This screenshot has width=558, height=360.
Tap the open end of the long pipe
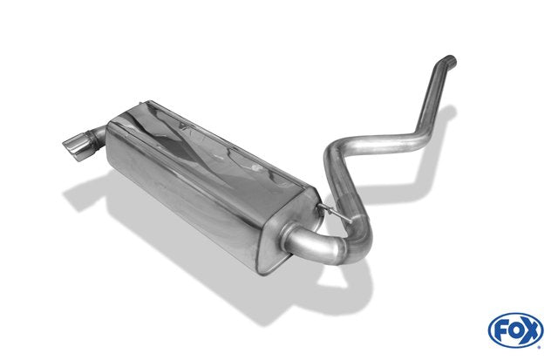coord(450,60)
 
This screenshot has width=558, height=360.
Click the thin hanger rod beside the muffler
coord(335,213)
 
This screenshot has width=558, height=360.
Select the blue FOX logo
coord(515,329)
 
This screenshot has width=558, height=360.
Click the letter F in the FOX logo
coord(500,331)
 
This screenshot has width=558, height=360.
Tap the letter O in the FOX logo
coord(515,330)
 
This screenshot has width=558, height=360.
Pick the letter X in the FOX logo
coord(531,331)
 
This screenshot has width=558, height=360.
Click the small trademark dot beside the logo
coord(541,347)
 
